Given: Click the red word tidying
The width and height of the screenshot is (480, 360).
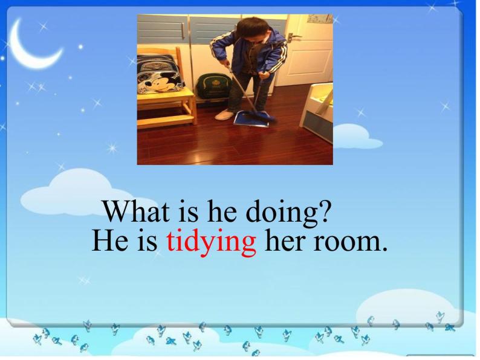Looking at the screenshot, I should pos(211,242).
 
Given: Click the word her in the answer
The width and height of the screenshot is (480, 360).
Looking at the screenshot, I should pos(285,242).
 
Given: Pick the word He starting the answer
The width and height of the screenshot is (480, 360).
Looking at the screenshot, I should pos(107,242).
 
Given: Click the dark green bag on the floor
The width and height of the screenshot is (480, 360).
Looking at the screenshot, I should pos(211,89).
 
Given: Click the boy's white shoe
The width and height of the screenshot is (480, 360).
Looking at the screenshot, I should pos(225,114).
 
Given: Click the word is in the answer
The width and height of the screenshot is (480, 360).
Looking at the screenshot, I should pos(148,242).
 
